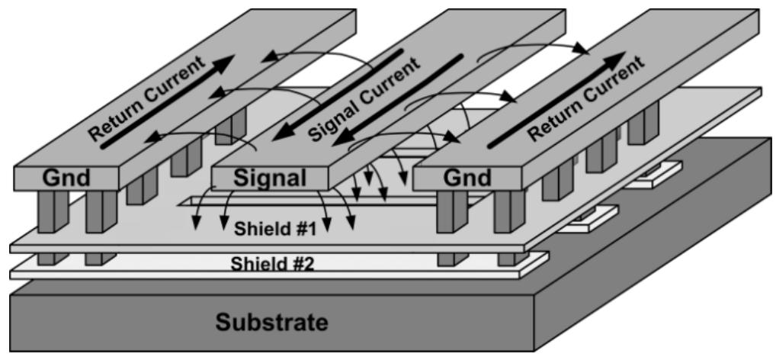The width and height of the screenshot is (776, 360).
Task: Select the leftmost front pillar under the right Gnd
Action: click(x=449, y=215)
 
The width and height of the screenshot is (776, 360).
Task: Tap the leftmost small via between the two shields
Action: click(x=47, y=259)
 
